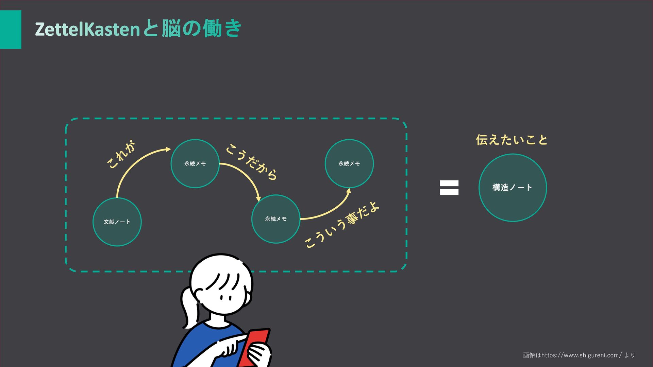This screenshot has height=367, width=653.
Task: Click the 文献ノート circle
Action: (117, 222)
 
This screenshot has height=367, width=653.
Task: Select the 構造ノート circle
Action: (513, 188)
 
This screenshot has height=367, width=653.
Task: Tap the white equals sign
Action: (449, 188)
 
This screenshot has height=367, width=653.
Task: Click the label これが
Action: (121, 155)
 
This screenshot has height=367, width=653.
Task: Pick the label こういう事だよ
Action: (342, 225)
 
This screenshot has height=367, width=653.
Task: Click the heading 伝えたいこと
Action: (512, 140)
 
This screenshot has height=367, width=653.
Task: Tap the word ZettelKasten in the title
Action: (87, 29)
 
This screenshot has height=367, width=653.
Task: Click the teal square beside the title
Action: (11, 30)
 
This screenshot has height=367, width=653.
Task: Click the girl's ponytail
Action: (188, 306)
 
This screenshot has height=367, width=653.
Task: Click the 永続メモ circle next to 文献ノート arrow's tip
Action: (195, 163)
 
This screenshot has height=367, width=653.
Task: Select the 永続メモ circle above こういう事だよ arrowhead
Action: (349, 163)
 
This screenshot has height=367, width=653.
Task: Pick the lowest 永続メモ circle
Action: (276, 219)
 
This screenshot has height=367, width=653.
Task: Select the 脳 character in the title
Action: (171, 29)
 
